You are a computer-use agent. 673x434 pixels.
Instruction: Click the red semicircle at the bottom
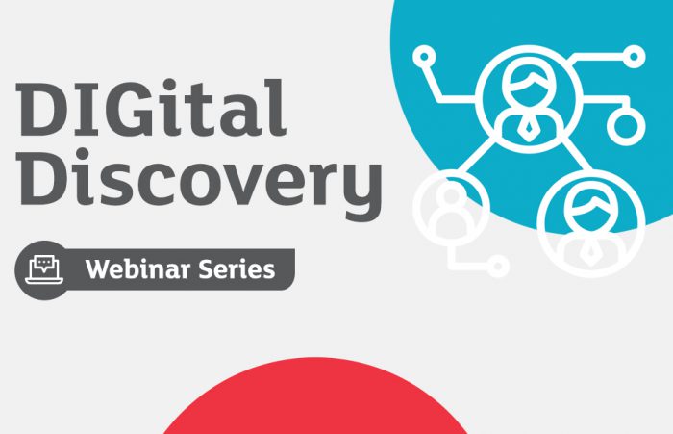[x=317, y=404]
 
